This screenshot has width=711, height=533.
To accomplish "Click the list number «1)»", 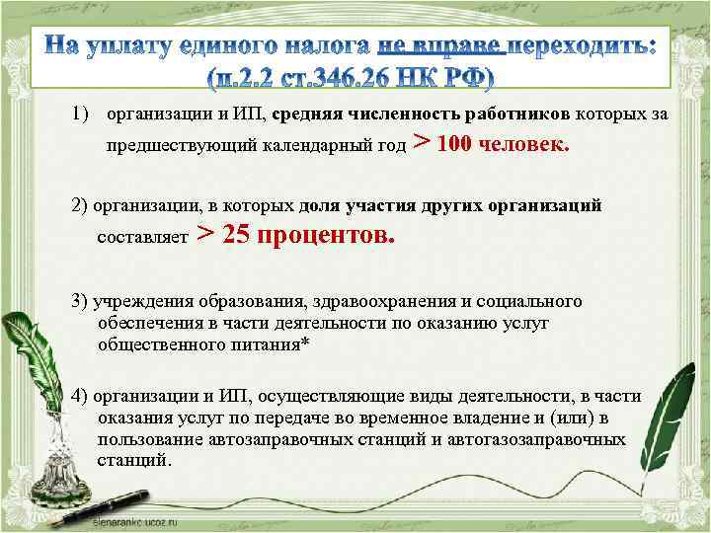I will (x=83, y=114).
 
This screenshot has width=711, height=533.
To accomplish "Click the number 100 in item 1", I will (x=454, y=145).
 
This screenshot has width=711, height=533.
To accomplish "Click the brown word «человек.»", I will (x=524, y=145).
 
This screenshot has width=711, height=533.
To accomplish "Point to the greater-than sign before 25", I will (x=206, y=234).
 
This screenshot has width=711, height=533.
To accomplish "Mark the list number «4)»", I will (x=80, y=396).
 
